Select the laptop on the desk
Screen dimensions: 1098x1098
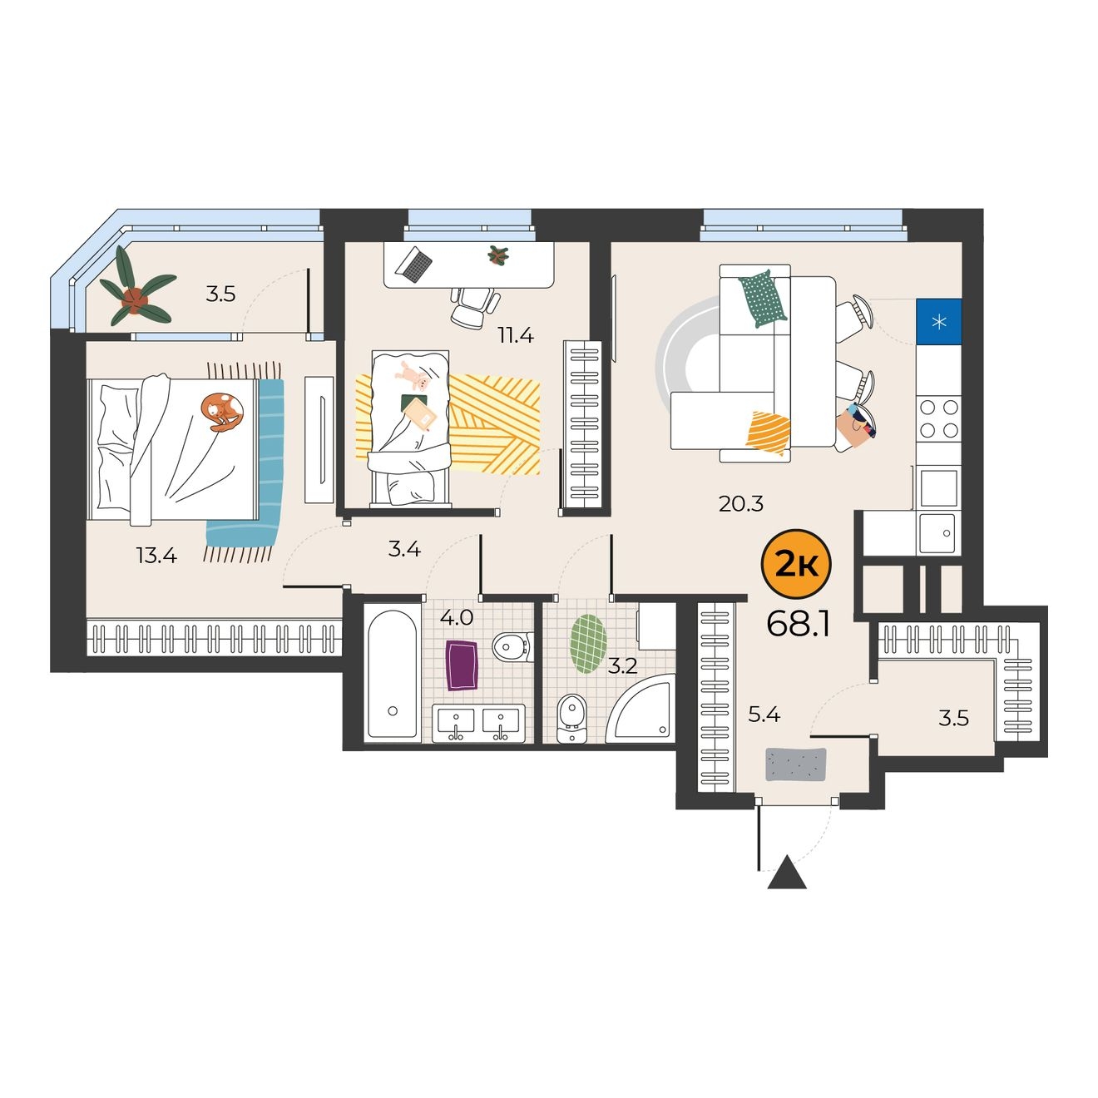click(414, 263)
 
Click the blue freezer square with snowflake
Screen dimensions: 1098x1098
click(938, 321)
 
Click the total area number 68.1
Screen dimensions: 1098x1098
click(798, 625)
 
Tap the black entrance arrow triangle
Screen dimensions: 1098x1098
click(787, 880)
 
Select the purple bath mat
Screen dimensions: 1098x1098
click(462, 665)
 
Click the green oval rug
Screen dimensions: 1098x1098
click(588, 644)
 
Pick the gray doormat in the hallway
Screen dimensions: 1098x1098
click(796, 764)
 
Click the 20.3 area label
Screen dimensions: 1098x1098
click(741, 504)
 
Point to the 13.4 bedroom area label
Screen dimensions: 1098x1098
click(156, 555)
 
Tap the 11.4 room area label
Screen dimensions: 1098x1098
click(516, 335)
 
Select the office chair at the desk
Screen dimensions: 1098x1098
click(475, 307)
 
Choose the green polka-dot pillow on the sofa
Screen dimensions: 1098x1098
click(763, 298)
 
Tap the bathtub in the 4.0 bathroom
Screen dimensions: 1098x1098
click(392, 674)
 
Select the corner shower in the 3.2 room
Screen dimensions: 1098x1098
click(640, 707)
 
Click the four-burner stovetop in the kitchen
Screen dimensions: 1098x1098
click(939, 418)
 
